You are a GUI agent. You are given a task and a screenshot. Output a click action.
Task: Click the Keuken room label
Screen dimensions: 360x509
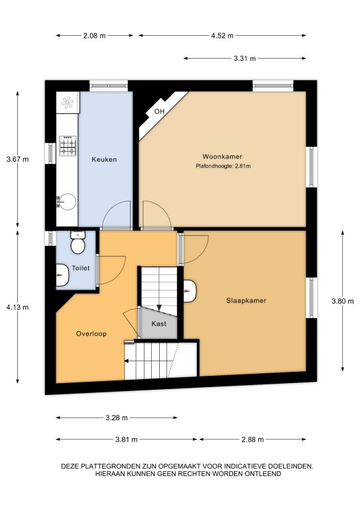click(x=104, y=159)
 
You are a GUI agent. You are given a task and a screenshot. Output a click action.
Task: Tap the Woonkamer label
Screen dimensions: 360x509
click(x=222, y=156)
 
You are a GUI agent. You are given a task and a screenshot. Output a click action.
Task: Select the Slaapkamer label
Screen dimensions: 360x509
click(x=246, y=301)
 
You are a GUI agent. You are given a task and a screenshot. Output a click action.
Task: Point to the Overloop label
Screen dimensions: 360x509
click(x=91, y=334)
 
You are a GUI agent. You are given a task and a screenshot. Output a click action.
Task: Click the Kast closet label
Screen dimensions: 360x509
click(x=158, y=323)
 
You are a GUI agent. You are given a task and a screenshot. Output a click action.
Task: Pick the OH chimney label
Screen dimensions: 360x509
click(x=159, y=111)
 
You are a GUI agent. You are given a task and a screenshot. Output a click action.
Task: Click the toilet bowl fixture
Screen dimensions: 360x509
click(x=78, y=243)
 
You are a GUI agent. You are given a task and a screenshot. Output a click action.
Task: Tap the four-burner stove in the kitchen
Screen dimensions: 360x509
click(x=68, y=145)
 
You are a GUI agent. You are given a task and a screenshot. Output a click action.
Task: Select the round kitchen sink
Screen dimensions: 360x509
click(x=66, y=202)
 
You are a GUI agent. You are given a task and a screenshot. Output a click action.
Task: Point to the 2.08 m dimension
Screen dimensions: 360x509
click(x=94, y=36)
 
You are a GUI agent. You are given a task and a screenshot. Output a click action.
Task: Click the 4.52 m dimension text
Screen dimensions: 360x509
click(x=222, y=36)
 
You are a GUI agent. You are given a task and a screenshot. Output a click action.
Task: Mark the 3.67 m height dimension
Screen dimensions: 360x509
click(x=17, y=159)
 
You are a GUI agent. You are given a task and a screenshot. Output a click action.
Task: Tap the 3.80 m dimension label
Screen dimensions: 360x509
click(x=343, y=301)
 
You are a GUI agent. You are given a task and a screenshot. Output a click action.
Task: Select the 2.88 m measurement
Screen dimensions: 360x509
click(x=253, y=439)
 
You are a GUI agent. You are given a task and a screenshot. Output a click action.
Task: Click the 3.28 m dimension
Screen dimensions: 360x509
click(x=117, y=418)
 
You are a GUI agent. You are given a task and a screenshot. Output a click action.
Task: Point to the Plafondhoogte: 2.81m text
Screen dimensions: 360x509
click(x=223, y=166)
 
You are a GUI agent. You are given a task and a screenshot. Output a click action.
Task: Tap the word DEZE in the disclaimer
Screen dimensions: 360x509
click(x=70, y=467)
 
